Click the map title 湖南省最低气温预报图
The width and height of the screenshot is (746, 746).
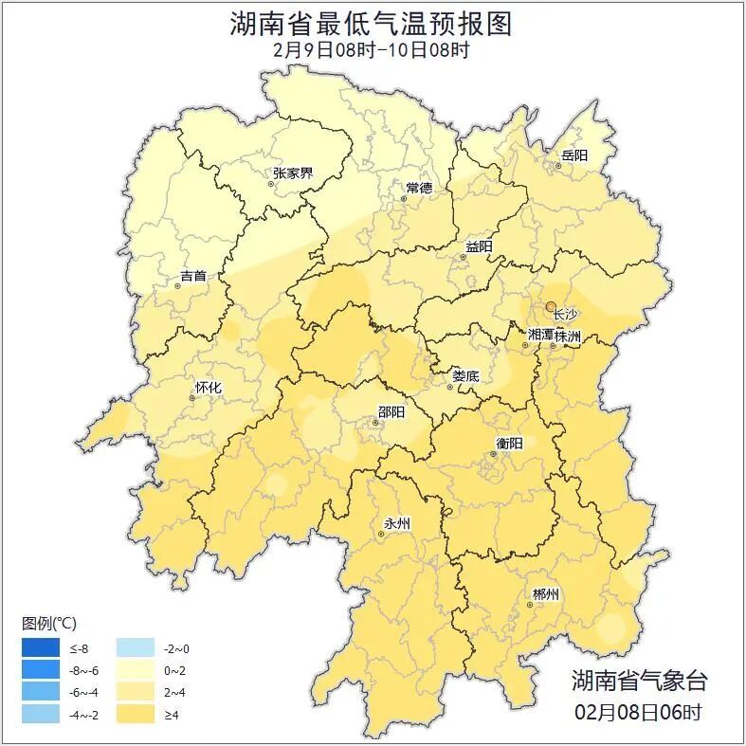(x=372, y=23)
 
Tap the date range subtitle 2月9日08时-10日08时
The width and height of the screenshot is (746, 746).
(x=372, y=49)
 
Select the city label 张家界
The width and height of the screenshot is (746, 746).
(x=292, y=173)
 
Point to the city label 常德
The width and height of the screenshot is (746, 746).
(x=418, y=188)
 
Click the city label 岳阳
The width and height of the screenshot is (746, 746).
(x=573, y=155)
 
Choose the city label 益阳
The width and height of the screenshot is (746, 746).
(x=478, y=246)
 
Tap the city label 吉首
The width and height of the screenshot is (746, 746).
(x=192, y=277)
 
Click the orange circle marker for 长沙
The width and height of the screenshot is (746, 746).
(x=551, y=306)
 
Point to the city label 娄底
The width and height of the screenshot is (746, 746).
(x=464, y=375)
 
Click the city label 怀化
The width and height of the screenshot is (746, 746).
(x=208, y=387)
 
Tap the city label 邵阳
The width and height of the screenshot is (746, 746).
(x=391, y=411)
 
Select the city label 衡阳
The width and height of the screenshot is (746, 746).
(x=509, y=443)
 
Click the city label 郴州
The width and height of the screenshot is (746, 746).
(x=545, y=594)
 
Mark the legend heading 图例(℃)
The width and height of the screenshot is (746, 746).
(x=49, y=623)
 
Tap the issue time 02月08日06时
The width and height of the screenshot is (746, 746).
(x=638, y=711)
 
